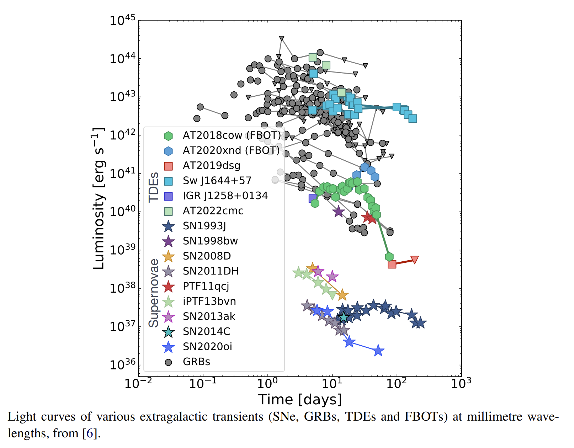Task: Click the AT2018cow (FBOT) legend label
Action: point(232,135)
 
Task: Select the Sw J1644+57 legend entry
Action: point(217,181)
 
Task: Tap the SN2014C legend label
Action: point(206,331)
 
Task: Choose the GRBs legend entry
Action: point(196,362)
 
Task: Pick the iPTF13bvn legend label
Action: point(209,301)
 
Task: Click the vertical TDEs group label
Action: point(153,187)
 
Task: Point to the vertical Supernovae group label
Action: point(153,293)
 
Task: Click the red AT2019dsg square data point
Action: point(392,264)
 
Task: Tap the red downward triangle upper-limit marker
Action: point(414,260)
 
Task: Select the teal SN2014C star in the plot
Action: point(344,317)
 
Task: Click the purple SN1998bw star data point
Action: point(339,212)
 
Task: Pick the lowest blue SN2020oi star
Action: point(378,351)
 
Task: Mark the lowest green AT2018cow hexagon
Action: point(389,257)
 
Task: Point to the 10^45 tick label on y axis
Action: point(122,20)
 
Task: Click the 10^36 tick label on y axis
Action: point(122,364)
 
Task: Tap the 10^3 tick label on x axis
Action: point(461,383)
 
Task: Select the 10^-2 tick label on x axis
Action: point(138,383)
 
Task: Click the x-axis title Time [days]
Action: point(300,400)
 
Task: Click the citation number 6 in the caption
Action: point(90,433)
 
